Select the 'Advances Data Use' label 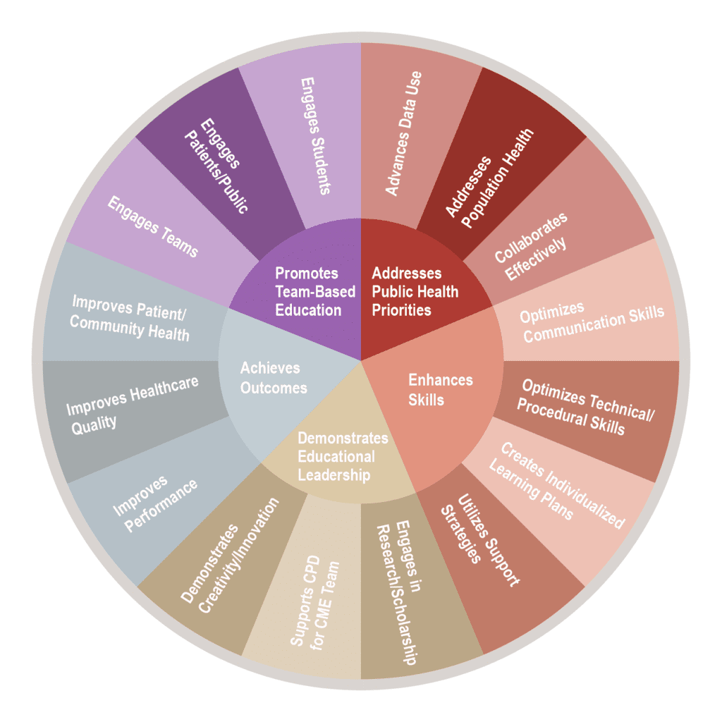[x=404, y=133]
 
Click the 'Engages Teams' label [x=152, y=226]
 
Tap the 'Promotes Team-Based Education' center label [x=307, y=291]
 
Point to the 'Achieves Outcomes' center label [x=273, y=377]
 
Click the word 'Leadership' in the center [x=334, y=475]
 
